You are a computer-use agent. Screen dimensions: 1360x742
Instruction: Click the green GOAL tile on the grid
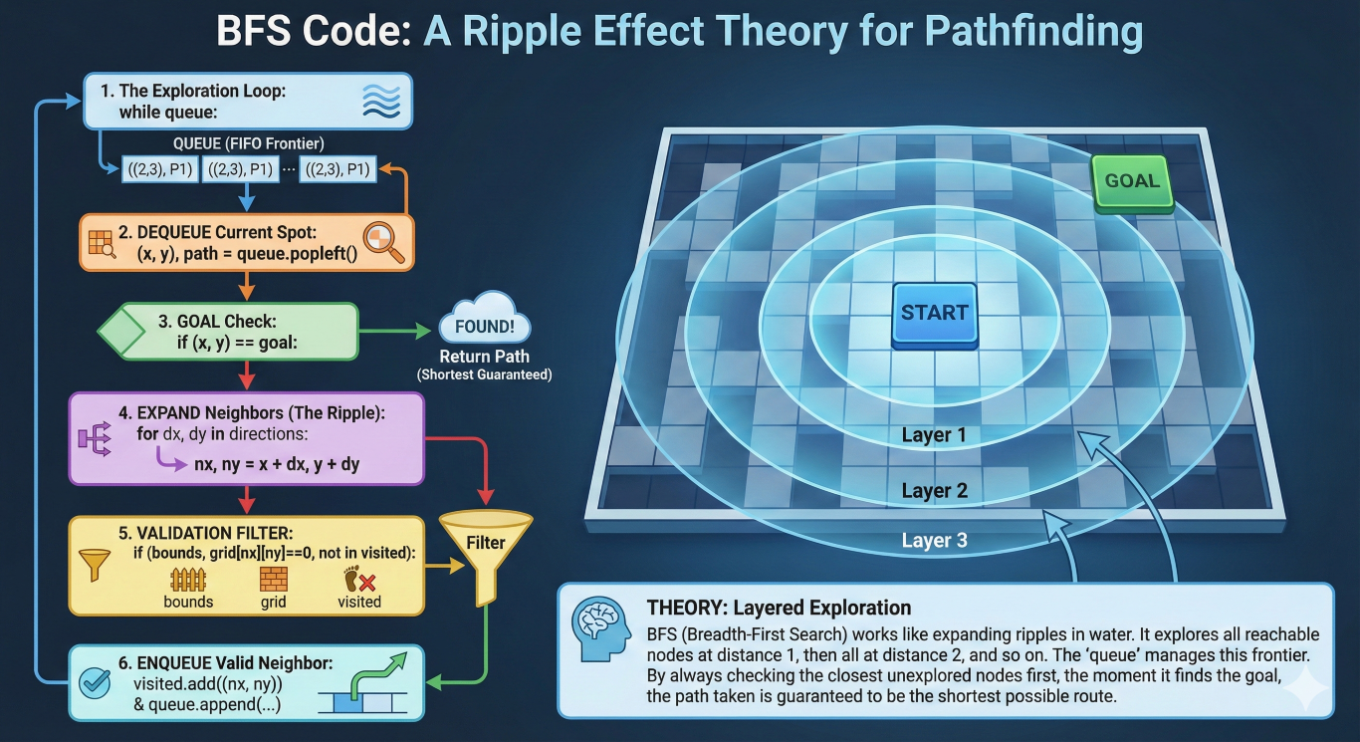(x=1132, y=183)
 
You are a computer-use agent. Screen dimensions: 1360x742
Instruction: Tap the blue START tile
(x=935, y=315)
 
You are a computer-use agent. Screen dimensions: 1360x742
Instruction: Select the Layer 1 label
(x=933, y=435)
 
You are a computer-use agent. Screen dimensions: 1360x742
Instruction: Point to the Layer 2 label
(x=935, y=491)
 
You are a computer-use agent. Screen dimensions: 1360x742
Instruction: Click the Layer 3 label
(x=935, y=540)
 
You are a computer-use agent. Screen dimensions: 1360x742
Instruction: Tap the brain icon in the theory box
(x=601, y=628)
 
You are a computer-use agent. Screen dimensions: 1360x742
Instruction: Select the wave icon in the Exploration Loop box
(x=381, y=101)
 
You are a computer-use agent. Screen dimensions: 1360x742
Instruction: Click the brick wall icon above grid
(x=273, y=579)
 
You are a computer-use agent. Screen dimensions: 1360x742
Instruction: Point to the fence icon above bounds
(x=188, y=580)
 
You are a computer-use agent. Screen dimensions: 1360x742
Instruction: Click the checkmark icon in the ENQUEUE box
(x=95, y=683)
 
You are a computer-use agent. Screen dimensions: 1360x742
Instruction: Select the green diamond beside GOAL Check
(x=121, y=331)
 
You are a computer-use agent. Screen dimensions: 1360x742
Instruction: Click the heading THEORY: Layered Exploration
(x=779, y=608)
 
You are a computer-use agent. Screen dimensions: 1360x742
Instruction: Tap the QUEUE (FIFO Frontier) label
(x=248, y=143)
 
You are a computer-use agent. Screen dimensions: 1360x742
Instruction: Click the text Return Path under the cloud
(x=485, y=357)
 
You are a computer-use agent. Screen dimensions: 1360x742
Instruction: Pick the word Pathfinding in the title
(x=1033, y=32)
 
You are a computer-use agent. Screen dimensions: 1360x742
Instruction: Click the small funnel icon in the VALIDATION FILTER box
(x=95, y=565)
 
